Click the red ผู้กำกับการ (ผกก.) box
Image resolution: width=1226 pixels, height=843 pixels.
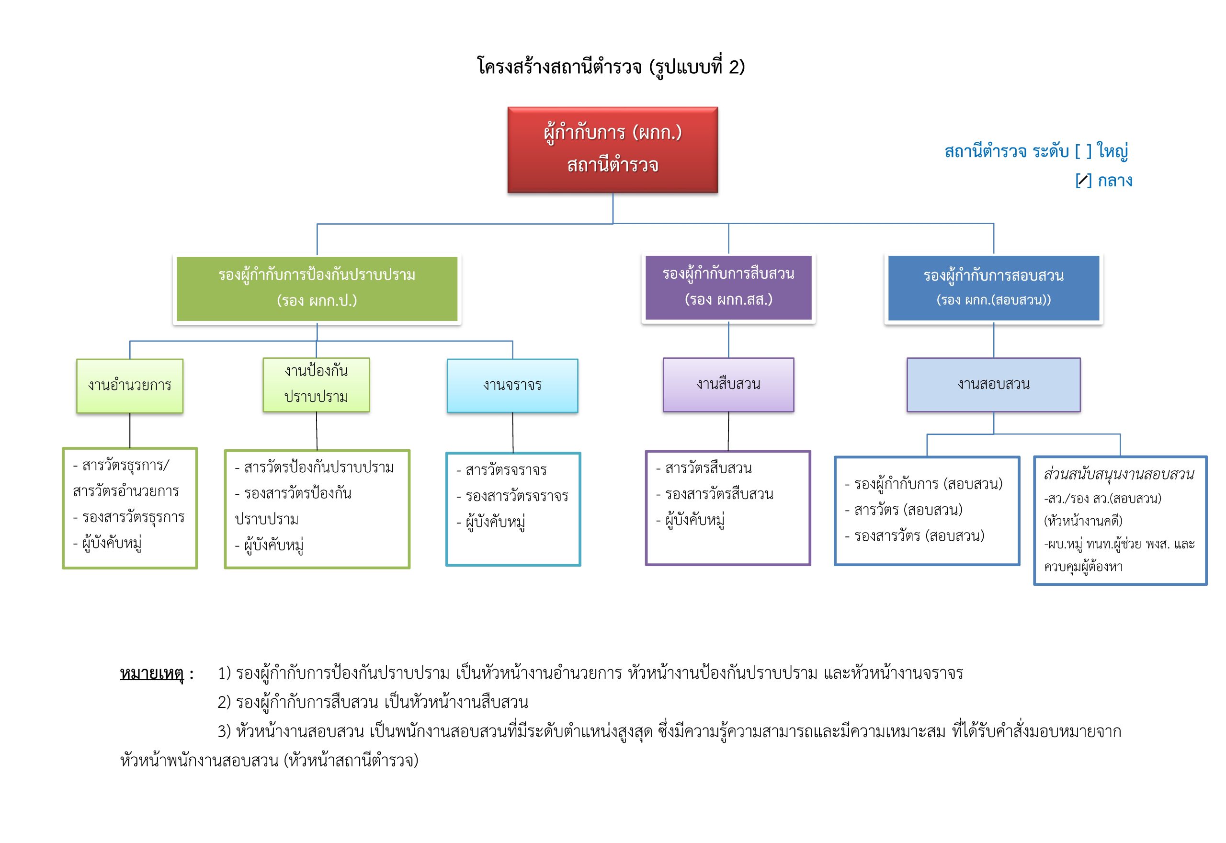point(613,149)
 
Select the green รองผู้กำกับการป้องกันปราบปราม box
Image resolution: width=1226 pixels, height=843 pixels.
point(317,288)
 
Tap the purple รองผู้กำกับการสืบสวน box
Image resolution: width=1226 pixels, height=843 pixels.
point(728,287)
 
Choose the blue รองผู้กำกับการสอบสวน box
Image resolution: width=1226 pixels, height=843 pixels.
point(993,288)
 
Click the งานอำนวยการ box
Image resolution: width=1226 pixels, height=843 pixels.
point(130,386)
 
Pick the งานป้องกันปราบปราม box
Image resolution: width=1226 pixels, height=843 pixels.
point(316,385)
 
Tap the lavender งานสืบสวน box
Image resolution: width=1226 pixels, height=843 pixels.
point(728,385)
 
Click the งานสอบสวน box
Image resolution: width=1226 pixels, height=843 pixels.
point(993,385)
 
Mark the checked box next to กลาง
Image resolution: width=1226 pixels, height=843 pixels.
point(1083,181)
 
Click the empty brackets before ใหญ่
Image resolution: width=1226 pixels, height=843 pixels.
point(1083,151)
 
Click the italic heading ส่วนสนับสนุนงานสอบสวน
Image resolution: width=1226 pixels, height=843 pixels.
point(1118,474)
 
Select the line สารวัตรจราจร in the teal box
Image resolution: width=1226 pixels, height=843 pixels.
point(505,470)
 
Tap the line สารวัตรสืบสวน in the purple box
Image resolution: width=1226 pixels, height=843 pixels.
point(707,468)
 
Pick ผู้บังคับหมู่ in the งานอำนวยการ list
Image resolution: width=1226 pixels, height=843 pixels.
point(112,543)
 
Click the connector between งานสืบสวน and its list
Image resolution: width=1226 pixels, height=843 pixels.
point(728,431)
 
